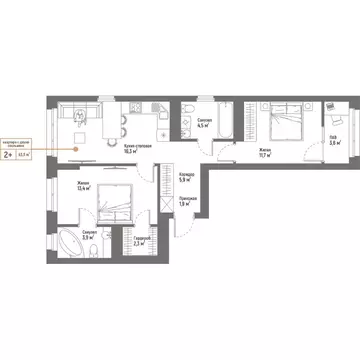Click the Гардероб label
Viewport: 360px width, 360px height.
[142, 238]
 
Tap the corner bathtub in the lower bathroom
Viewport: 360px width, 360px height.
[70, 240]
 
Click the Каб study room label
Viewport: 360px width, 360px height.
[333, 138]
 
